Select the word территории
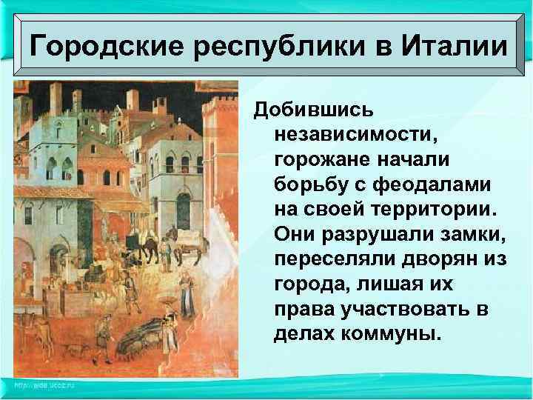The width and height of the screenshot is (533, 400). (425, 208)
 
